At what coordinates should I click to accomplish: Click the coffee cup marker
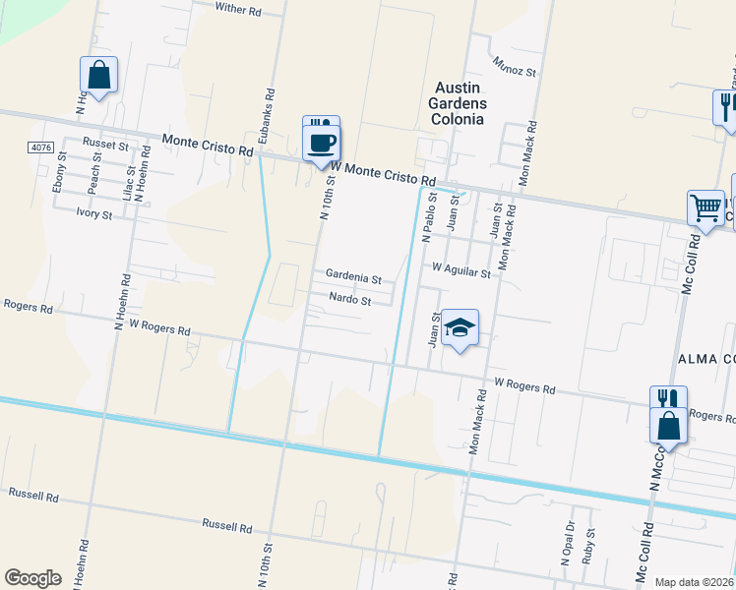click(x=321, y=143)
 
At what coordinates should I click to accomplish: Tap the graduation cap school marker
click(x=460, y=328)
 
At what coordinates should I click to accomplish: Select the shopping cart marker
click(x=705, y=208)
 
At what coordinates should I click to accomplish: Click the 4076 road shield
click(x=40, y=147)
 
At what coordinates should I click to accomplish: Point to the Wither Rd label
click(x=239, y=10)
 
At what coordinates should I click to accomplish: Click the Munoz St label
click(x=516, y=72)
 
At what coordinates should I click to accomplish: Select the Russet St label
click(x=105, y=144)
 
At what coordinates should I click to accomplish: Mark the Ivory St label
click(x=94, y=212)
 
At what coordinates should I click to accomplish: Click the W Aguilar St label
click(x=460, y=268)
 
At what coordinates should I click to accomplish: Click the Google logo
click(x=32, y=578)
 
